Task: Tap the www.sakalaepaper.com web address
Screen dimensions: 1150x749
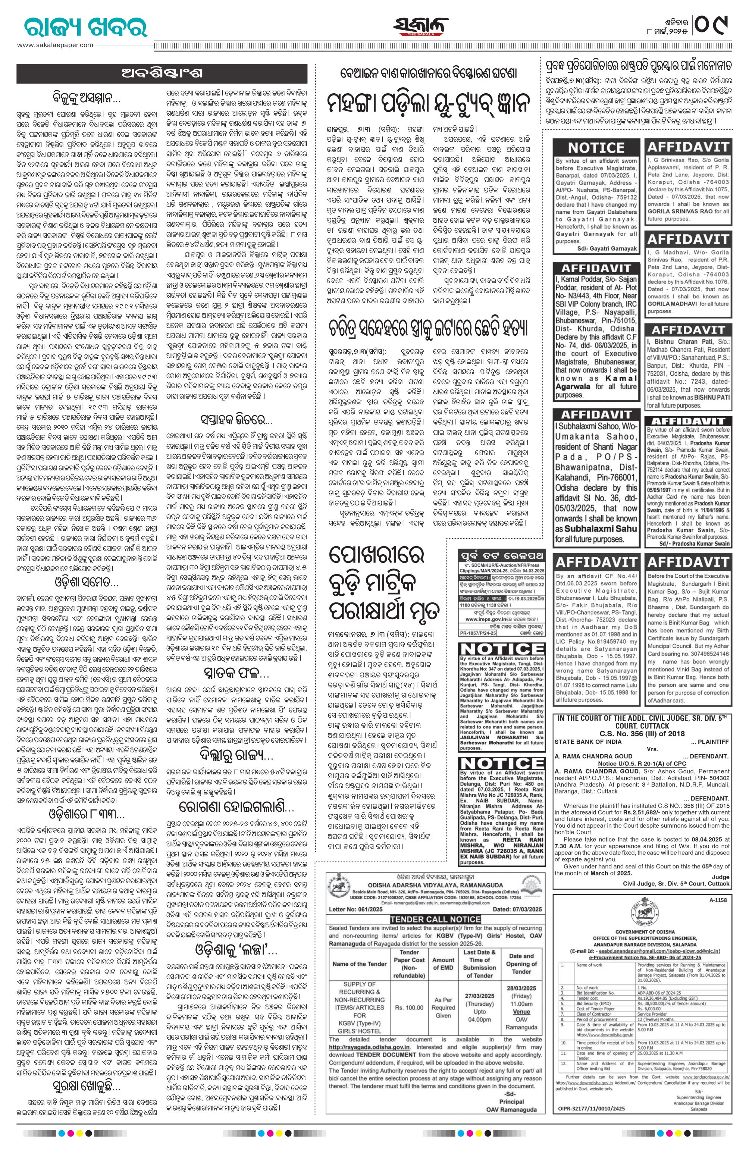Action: (55, 45)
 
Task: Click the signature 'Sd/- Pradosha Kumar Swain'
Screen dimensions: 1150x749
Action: (693, 543)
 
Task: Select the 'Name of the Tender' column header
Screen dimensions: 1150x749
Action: (360, 963)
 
